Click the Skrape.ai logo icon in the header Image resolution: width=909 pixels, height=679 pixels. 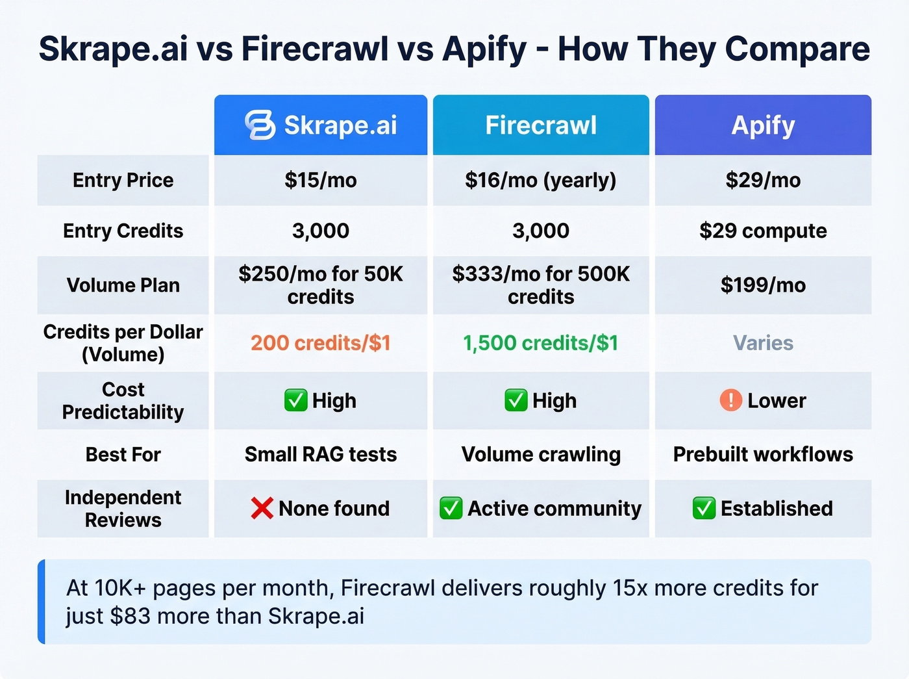[260, 125]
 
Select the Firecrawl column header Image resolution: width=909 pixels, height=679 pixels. [541, 125]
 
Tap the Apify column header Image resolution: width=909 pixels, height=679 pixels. [763, 125]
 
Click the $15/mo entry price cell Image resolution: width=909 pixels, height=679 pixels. [321, 180]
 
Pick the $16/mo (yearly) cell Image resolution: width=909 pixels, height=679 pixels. [541, 180]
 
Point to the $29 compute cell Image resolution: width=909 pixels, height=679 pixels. [763, 231]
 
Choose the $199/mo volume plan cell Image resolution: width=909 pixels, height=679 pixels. [763, 285]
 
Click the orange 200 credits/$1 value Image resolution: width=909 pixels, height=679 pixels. [321, 342]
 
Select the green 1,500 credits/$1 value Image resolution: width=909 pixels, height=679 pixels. [541, 342]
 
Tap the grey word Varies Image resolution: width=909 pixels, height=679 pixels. [763, 342]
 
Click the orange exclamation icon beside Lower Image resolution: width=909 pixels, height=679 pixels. [730, 400]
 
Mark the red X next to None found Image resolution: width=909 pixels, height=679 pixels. [262, 508]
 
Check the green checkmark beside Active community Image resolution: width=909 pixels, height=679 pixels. [451, 508]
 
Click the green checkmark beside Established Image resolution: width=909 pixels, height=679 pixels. [704, 508]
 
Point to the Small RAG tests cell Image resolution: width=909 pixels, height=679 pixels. [321, 454]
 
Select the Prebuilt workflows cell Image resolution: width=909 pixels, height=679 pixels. [763, 454]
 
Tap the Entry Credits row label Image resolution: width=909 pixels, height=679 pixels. [123, 231]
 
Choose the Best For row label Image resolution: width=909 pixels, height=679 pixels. [123, 454]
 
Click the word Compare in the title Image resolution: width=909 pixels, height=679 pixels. [797, 49]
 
